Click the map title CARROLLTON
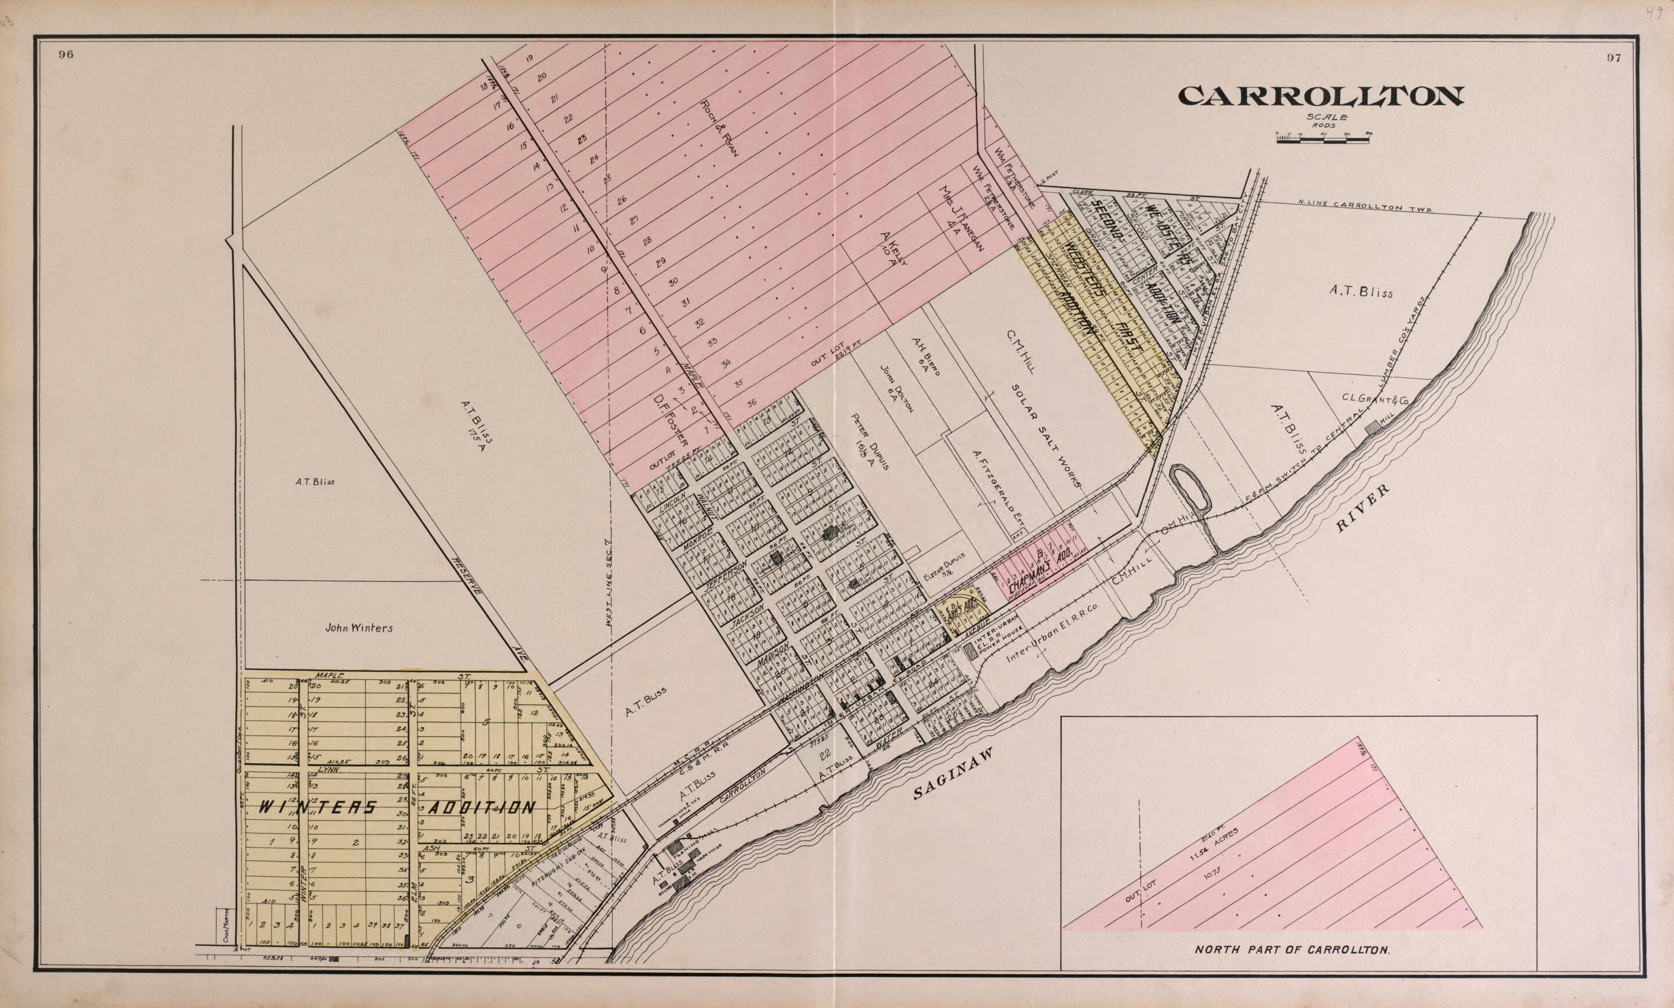[x=1320, y=96]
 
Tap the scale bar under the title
[x=1322, y=139]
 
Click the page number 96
[x=66, y=56]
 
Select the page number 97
[x=1614, y=58]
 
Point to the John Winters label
[x=358, y=628]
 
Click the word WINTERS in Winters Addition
[x=318, y=808]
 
